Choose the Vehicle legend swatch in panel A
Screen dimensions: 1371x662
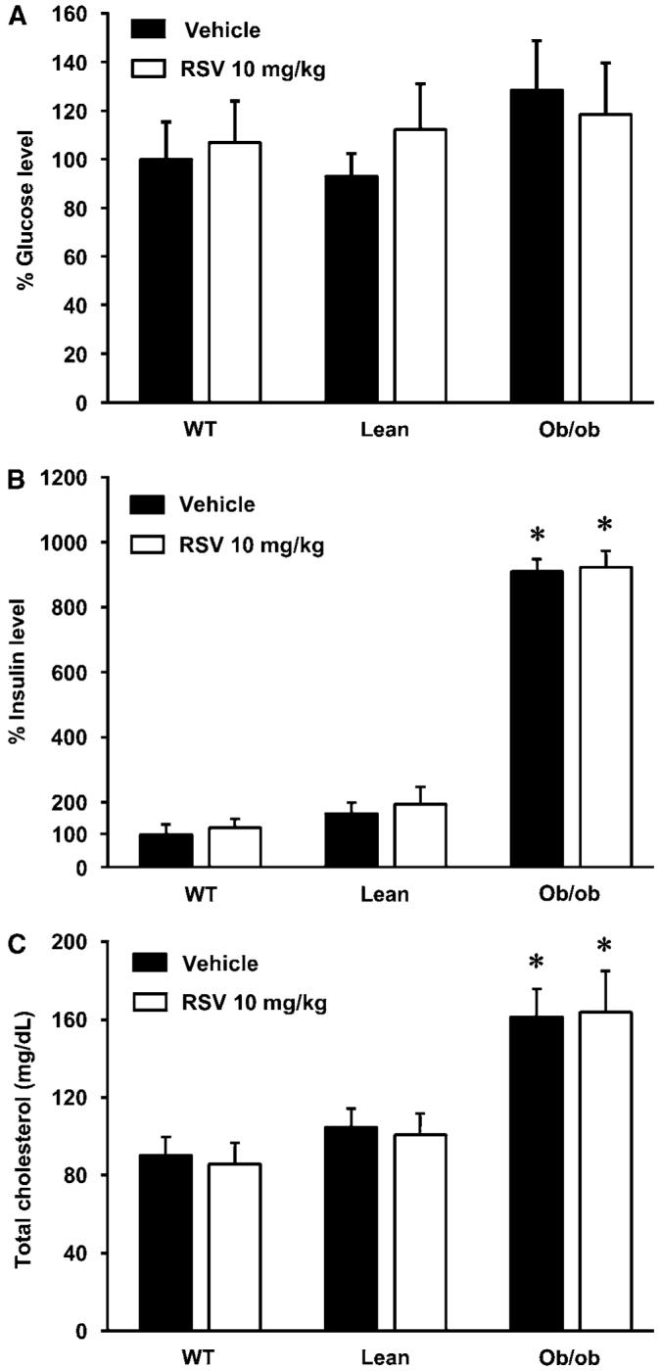(x=152, y=30)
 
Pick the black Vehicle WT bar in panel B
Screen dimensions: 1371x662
(x=165, y=850)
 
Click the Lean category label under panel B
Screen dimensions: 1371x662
(x=385, y=893)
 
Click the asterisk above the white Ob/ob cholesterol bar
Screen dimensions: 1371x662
(x=605, y=947)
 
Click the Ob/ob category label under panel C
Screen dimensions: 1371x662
(x=571, y=1358)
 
